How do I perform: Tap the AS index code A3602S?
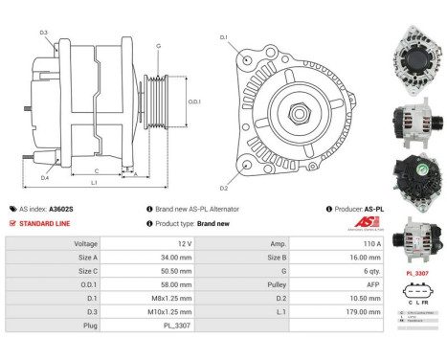[61, 208]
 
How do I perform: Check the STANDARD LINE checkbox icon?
[11, 223]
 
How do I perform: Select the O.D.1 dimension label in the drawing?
[194, 101]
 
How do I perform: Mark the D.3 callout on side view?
[43, 33]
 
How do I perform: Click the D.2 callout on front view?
[224, 189]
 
